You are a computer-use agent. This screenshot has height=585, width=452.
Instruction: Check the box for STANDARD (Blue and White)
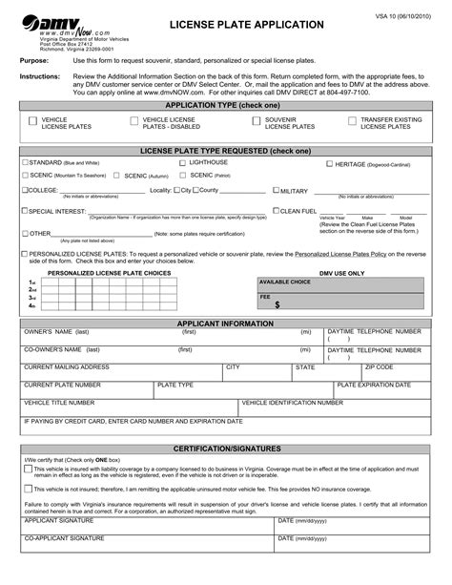(x=24, y=163)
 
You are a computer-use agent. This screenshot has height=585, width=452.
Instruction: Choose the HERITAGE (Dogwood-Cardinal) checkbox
(x=329, y=164)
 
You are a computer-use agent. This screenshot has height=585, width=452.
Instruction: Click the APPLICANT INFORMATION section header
(x=225, y=323)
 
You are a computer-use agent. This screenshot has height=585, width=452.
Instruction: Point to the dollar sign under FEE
(x=277, y=305)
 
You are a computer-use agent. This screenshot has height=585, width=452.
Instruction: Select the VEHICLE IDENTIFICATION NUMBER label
(x=292, y=402)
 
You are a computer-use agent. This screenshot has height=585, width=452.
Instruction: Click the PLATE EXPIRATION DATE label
(x=374, y=384)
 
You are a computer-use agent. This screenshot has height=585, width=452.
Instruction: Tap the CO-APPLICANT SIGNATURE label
(x=64, y=539)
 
